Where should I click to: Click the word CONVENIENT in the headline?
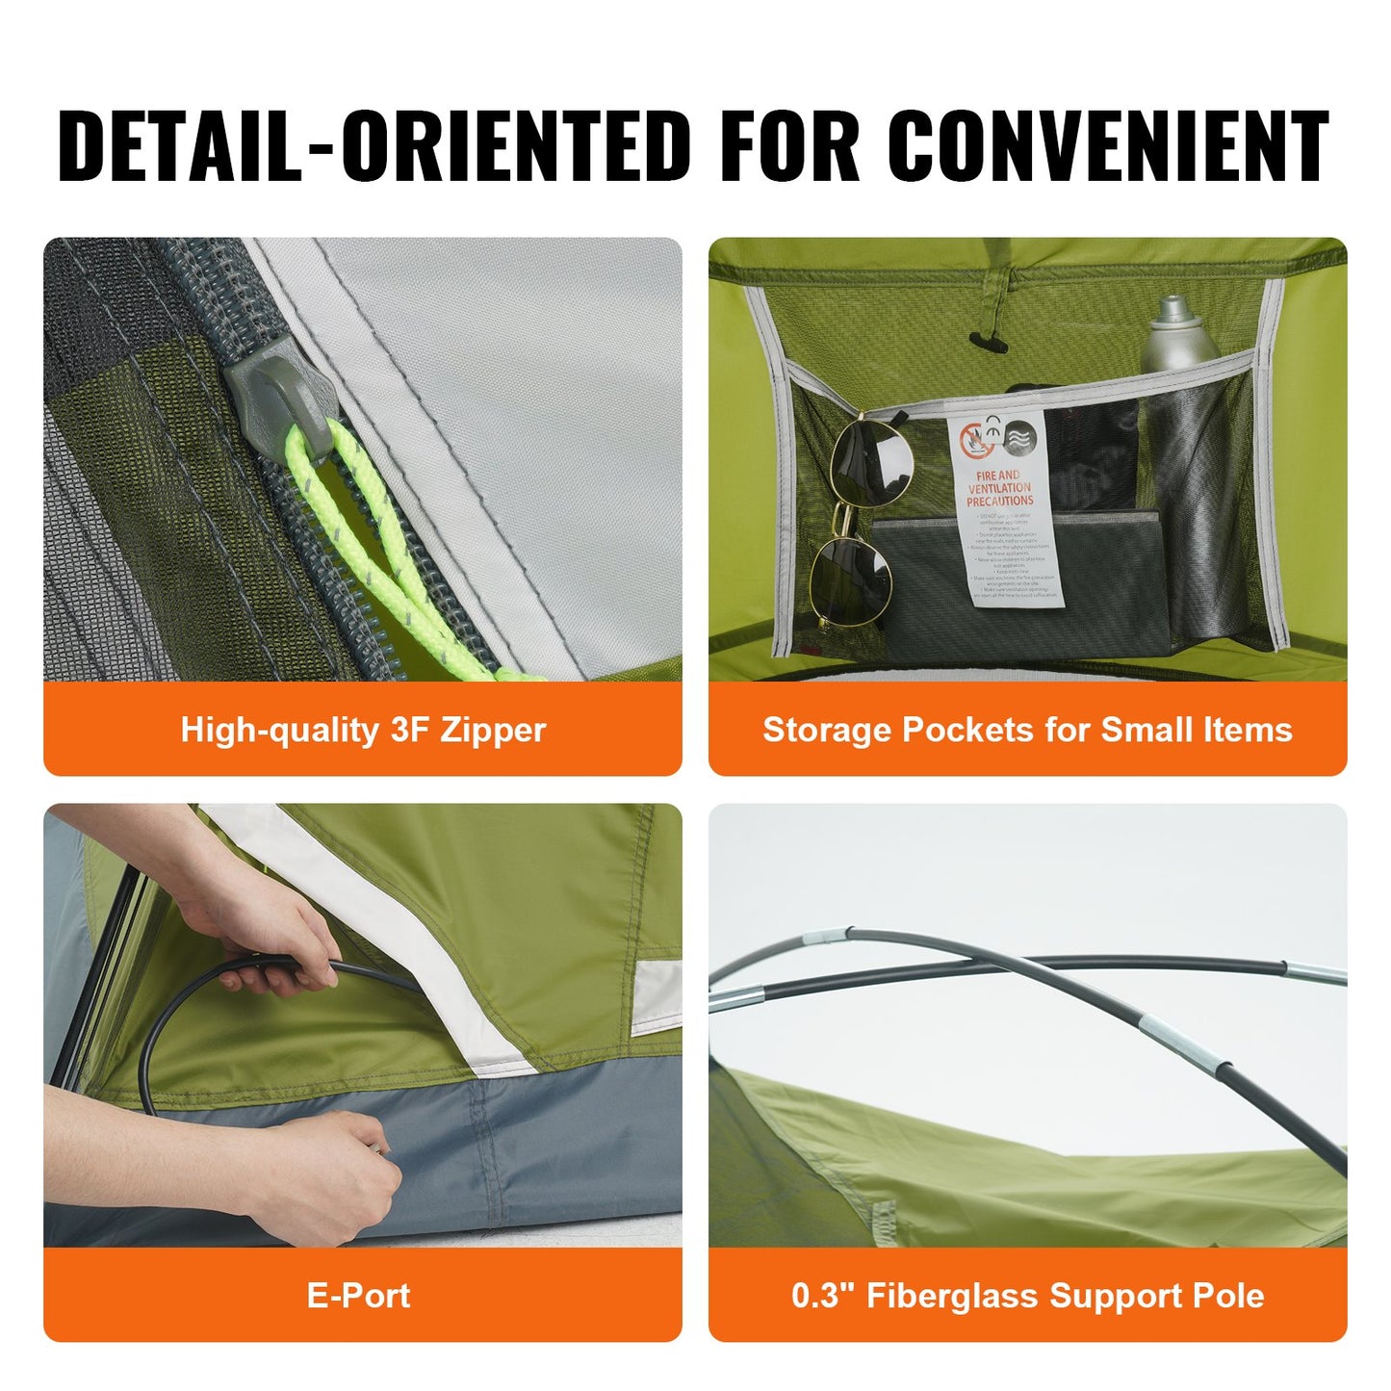click(1107, 146)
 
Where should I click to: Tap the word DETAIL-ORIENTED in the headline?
click(374, 146)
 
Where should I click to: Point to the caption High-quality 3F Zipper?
click(363, 730)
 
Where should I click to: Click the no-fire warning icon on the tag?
click(976, 442)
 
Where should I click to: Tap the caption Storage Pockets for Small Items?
click(1027, 730)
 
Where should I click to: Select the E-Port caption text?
click(358, 1296)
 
